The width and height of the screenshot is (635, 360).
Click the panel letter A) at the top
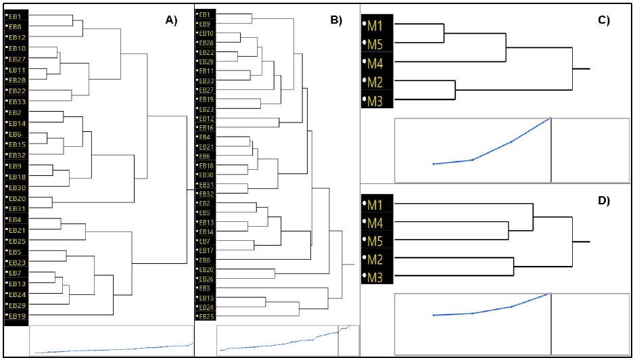coord(171,20)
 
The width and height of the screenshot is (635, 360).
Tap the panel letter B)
coord(336,20)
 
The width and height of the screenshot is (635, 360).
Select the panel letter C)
coord(604,20)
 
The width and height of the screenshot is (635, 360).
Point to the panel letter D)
coord(603,200)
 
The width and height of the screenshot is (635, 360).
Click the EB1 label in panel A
coord(17,16)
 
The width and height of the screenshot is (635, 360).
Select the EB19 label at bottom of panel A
coord(17,316)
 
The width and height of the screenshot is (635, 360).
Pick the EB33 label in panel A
coord(17,101)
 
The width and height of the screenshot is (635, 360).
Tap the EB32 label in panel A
coord(17,155)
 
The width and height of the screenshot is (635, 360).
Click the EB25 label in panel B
coord(206,317)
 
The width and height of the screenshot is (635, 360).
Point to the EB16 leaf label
coord(206,128)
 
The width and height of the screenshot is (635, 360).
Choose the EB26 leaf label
coord(206,279)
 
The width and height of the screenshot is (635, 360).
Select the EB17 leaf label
coord(206,250)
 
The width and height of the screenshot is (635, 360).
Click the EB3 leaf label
coord(205,288)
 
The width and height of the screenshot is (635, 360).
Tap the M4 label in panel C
coord(376,64)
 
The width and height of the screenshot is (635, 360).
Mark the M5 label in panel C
coord(376,45)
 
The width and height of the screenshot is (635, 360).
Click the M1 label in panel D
coord(376,204)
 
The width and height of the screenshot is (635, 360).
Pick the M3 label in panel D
coord(376,276)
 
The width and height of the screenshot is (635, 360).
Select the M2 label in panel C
coord(376,83)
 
